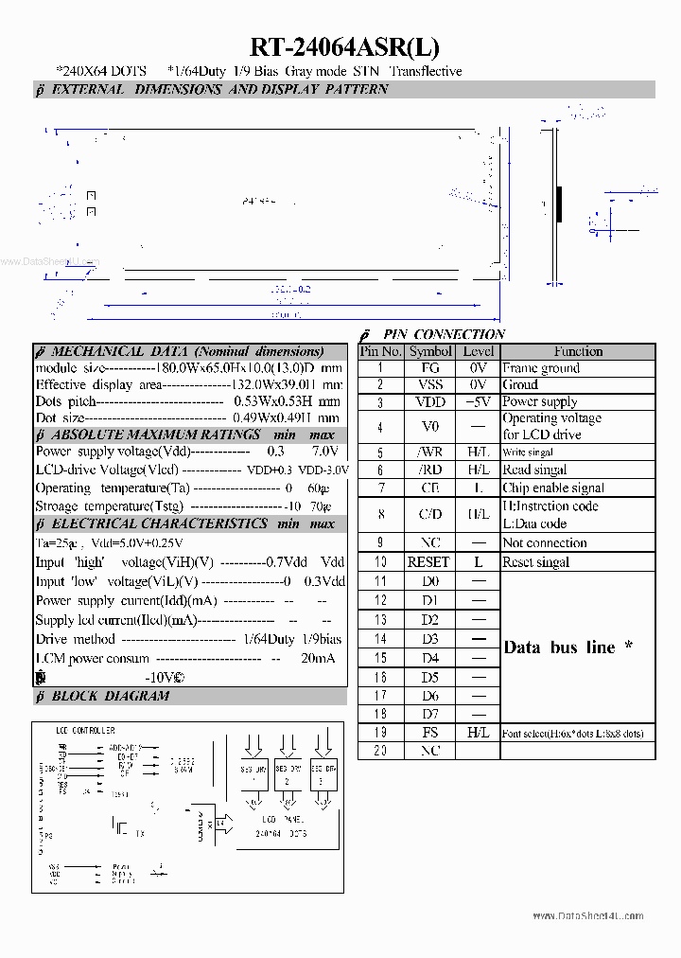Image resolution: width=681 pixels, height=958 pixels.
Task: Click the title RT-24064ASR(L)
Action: tap(344, 47)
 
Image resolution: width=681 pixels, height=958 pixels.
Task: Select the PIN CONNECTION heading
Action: tap(444, 334)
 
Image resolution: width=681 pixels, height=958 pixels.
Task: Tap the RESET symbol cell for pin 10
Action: tap(428, 562)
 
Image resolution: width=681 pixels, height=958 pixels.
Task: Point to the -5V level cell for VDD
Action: tap(478, 401)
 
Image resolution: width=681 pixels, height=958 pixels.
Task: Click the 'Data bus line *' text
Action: tap(567, 648)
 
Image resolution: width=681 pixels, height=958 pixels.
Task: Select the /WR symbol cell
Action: tap(429, 452)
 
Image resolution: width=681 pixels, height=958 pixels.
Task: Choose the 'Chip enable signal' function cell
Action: tap(552, 488)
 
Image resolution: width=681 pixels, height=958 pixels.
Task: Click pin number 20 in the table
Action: tap(380, 751)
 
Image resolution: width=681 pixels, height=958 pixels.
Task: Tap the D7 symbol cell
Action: tap(429, 714)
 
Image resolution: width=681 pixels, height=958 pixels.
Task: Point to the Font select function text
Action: tap(572, 734)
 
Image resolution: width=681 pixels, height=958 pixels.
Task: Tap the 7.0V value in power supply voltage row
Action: tap(324, 452)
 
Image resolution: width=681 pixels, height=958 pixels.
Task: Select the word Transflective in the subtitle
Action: tap(425, 71)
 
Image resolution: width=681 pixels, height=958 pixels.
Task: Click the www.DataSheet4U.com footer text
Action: tap(587, 915)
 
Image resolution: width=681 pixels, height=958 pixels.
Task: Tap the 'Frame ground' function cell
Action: tap(541, 368)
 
